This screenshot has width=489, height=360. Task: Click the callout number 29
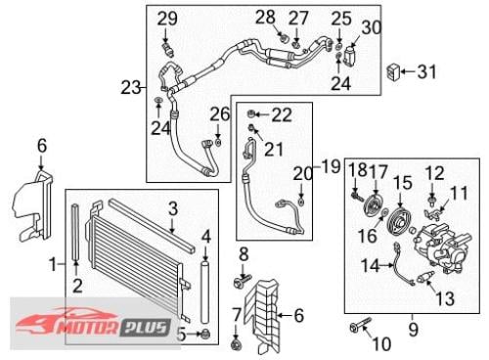pos(167,19)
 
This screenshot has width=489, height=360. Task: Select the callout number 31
pos(426,71)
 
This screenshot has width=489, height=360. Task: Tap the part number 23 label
pos(131,87)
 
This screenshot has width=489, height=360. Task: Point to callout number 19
pos(331,166)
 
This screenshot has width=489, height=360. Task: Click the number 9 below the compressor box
pos(413,329)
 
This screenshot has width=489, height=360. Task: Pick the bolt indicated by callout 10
pos(360,324)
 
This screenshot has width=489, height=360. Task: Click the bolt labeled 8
pos(243,281)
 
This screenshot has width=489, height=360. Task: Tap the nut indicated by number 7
pos(236,345)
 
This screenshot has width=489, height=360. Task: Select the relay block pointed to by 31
pos(393,71)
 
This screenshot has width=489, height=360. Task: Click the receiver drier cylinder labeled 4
pos(204,292)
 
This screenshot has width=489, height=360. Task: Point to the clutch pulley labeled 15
pos(399,221)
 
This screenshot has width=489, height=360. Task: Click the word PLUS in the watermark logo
pos(146,327)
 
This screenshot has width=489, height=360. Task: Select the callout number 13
pos(445,297)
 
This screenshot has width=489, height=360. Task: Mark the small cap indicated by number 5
pos(205,334)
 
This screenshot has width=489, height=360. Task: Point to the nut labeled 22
pos(251,113)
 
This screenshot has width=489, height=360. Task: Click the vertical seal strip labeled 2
pos(75,232)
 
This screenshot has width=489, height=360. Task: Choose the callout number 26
pos(219,114)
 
